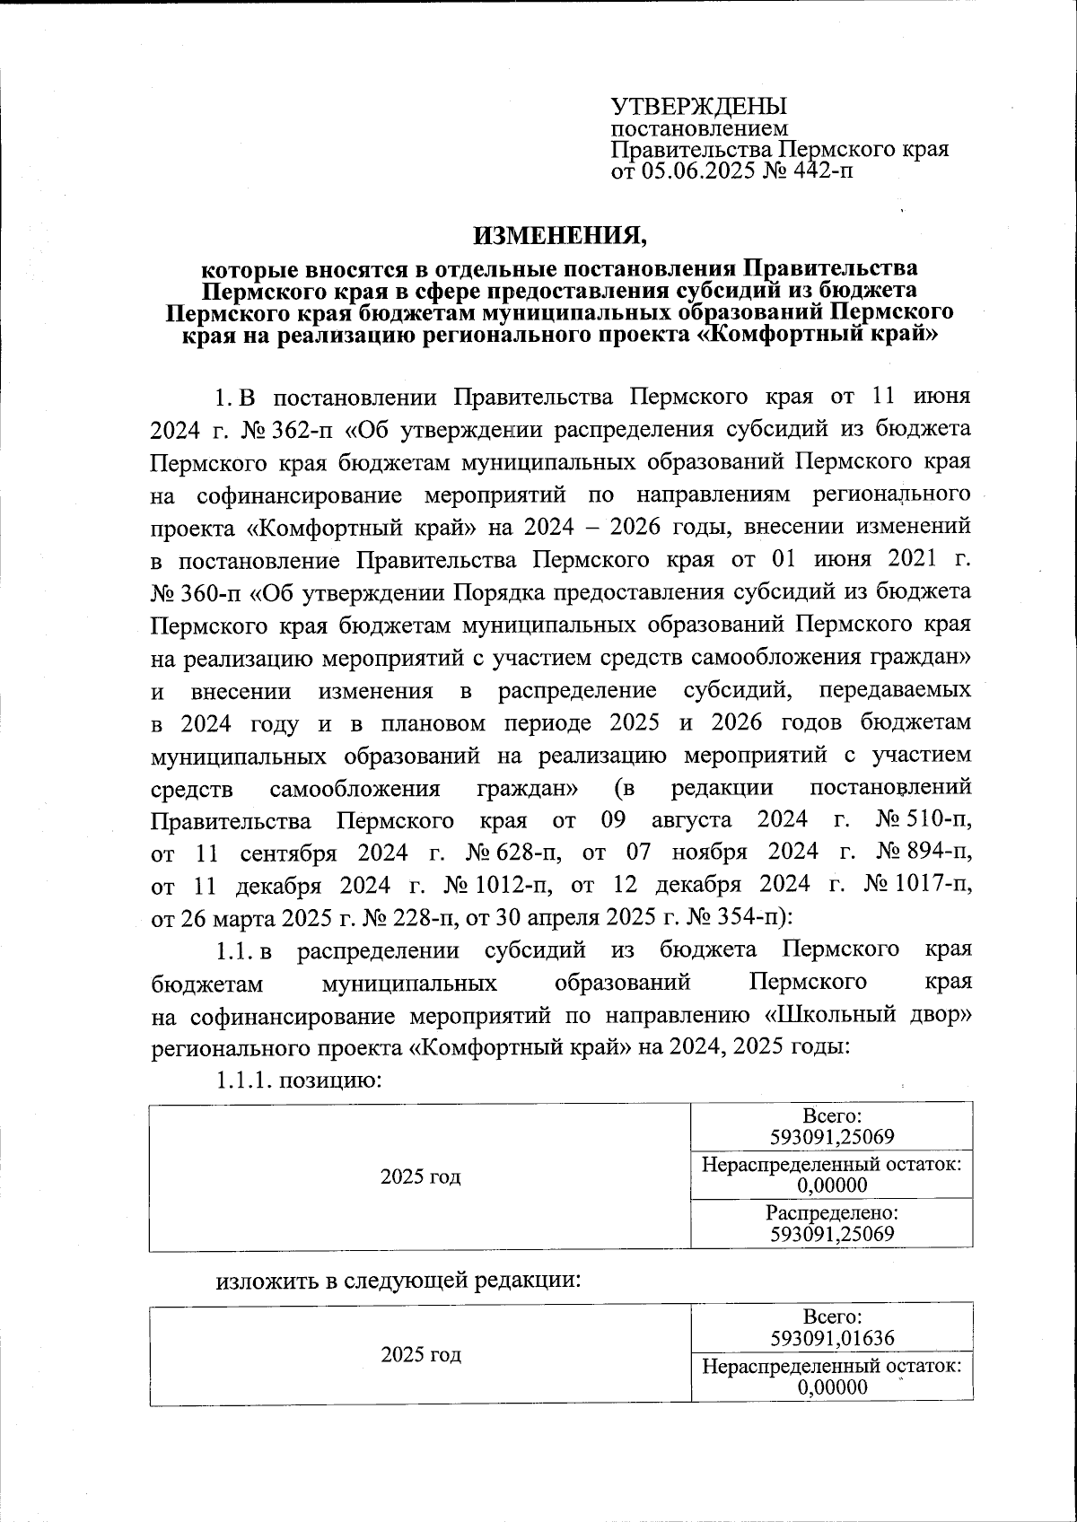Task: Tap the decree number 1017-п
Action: [933, 885]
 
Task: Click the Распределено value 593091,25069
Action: [832, 1234]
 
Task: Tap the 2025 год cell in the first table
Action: [420, 1176]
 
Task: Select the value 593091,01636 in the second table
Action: [832, 1339]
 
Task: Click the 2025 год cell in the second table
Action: [420, 1354]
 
